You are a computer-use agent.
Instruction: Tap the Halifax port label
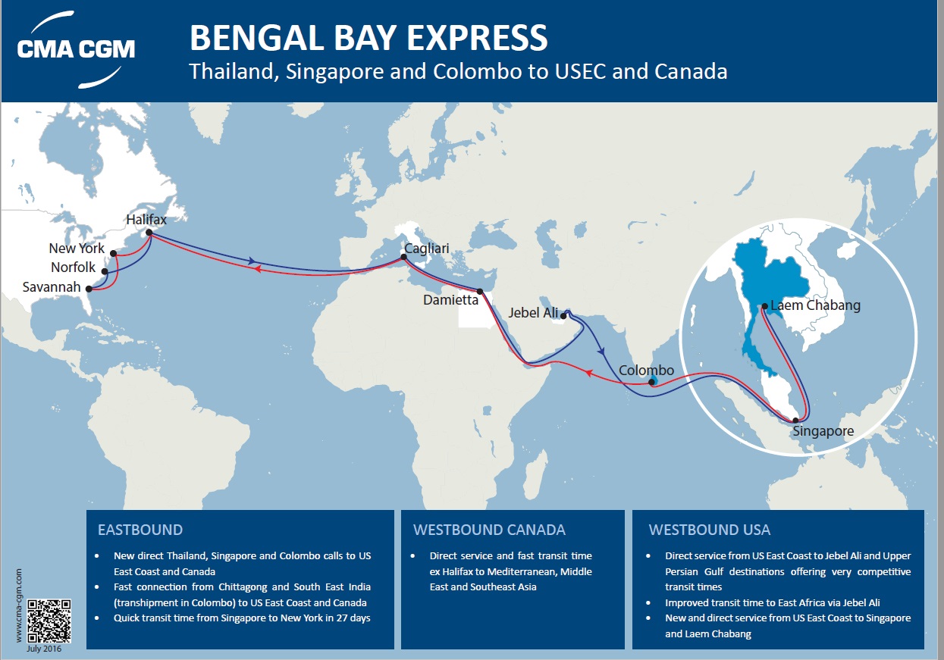146,219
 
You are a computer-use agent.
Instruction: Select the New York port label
77,249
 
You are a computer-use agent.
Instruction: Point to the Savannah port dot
89,289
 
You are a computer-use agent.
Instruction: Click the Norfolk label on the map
74,267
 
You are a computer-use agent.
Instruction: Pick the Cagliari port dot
403,257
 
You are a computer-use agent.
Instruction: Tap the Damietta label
451,300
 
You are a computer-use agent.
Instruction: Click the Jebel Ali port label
533,313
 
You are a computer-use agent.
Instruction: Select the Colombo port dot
652,383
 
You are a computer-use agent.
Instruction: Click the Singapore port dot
795,420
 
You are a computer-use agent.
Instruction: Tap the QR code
49,621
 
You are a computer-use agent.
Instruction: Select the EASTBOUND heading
140,530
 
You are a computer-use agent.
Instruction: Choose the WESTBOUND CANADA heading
489,530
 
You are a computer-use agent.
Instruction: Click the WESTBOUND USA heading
710,530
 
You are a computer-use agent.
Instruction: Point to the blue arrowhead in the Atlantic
252,261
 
